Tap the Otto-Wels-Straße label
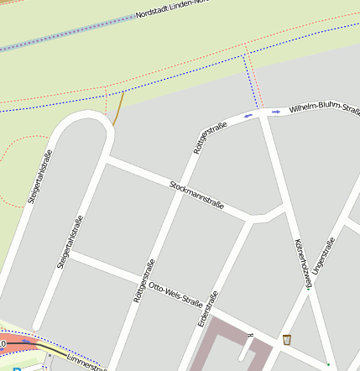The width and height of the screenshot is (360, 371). click(175, 294)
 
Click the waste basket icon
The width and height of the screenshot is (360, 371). click(288, 340)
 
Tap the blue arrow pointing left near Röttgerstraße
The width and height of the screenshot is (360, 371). click(248, 116)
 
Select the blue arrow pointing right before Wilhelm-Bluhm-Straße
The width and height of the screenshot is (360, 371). click(275, 112)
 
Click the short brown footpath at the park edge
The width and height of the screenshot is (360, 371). click(119, 107)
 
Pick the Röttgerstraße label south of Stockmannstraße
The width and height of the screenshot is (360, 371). click(143, 280)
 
